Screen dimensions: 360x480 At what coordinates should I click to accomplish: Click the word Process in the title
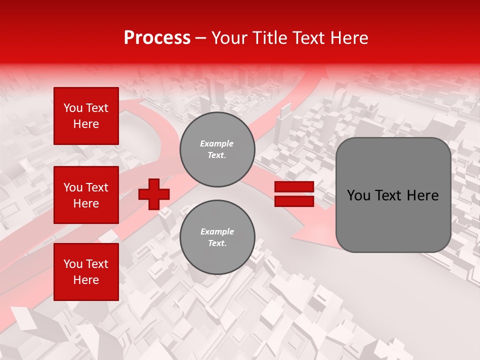coord(157,37)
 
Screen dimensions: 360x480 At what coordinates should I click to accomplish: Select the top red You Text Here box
coord(86,116)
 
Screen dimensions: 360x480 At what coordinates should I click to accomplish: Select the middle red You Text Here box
coord(86,195)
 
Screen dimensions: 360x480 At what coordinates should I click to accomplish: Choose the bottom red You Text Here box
coord(86,272)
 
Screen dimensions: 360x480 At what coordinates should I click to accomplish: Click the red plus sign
coord(154,194)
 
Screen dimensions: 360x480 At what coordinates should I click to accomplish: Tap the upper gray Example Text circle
coord(217,149)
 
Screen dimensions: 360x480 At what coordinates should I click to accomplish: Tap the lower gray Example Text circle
coord(217,237)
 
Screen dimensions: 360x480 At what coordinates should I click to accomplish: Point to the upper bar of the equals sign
coord(294,186)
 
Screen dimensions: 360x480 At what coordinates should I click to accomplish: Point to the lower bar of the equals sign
coord(294,201)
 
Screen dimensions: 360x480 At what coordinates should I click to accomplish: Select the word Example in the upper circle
coord(217,144)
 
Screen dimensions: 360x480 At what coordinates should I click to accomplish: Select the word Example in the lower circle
coord(217,232)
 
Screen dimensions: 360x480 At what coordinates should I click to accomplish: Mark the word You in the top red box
coord(73,108)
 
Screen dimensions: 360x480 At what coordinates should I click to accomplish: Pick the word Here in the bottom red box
coord(86,280)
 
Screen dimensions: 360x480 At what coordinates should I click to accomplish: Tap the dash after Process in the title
coord(200,38)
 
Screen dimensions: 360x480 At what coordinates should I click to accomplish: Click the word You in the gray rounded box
coord(358,195)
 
